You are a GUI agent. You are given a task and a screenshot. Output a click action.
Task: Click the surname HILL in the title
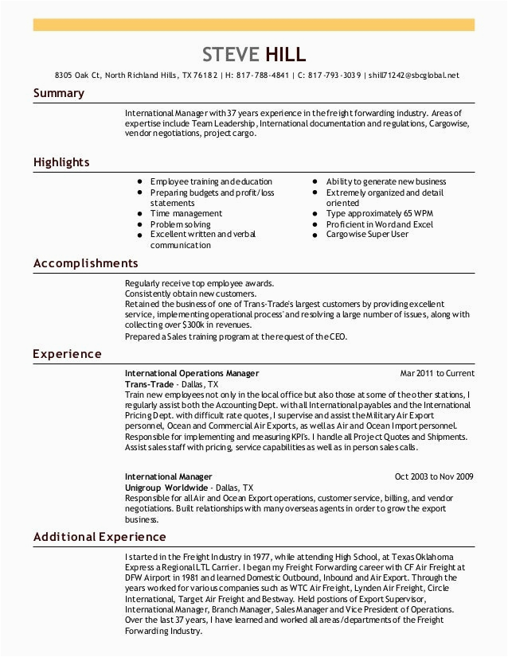click(285, 54)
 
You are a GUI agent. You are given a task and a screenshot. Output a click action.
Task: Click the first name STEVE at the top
click(231, 54)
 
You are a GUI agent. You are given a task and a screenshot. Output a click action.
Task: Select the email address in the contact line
click(415, 76)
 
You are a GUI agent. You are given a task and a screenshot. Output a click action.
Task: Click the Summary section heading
click(58, 94)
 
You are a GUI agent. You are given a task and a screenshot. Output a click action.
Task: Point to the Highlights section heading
click(61, 162)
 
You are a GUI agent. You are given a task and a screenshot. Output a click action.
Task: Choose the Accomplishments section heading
click(85, 263)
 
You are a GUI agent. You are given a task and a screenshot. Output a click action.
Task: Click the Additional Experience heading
click(100, 537)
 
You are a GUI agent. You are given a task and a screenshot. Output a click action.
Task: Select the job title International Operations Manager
click(192, 373)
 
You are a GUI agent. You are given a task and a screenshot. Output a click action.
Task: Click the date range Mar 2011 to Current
click(436, 373)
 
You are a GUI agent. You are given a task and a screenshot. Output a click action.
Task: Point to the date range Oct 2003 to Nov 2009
click(434, 477)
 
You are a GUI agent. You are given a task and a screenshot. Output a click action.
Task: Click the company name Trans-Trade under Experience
click(149, 383)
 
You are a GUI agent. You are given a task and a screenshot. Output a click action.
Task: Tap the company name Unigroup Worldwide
click(166, 488)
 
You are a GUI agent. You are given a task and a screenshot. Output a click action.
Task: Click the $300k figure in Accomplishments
click(193, 325)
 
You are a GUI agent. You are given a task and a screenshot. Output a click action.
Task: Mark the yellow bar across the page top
click(253, 25)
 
